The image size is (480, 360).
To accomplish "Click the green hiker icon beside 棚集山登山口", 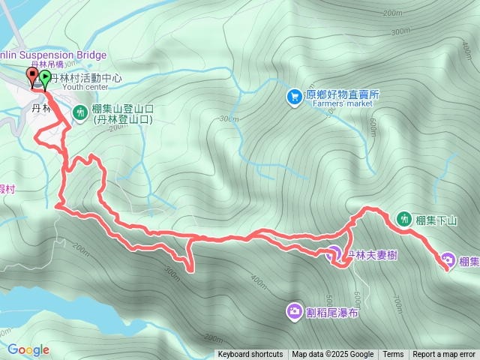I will click(80, 112).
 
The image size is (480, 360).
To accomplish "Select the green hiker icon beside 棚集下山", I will click(403, 219).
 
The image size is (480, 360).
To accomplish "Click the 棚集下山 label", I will click(436, 220).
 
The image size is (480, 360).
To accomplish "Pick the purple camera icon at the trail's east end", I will click(448, 260).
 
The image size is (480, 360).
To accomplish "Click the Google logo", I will click(28, 349).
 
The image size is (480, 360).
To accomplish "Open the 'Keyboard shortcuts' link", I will click(250, 355).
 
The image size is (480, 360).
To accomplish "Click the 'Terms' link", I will click(393, 355).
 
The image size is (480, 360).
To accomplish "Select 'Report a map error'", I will click(444, 355).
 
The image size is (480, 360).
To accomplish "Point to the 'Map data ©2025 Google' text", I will click(333, 355).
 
